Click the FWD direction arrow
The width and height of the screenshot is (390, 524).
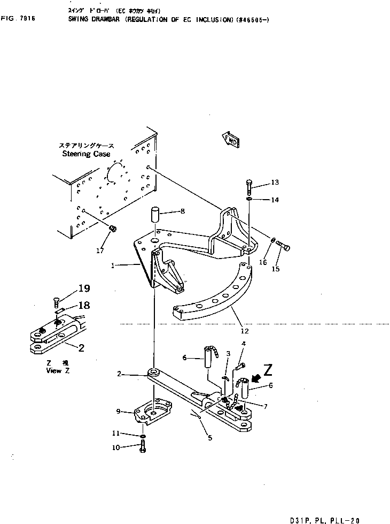(230, 139)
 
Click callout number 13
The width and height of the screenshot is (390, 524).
(275, 183)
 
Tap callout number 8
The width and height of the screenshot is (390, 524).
(182, 211)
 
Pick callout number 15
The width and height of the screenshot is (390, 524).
(276, 269)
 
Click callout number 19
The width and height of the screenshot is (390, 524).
(84, 288)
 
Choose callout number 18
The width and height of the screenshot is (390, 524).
(84, 305)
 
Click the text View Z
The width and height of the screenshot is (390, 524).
(57, 370)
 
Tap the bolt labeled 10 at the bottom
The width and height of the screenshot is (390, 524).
(143, 450)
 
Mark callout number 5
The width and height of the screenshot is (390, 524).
(209, 438)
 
